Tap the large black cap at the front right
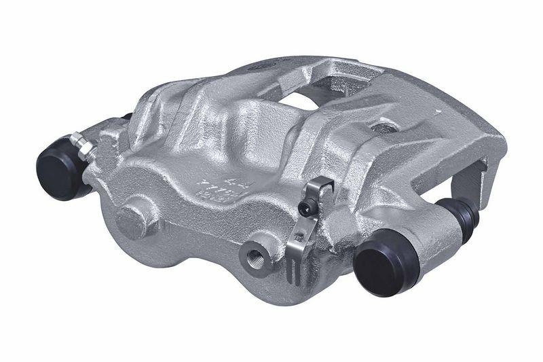pos(385,261)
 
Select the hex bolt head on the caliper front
pos(130,219)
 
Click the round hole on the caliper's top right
pos(384,127)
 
